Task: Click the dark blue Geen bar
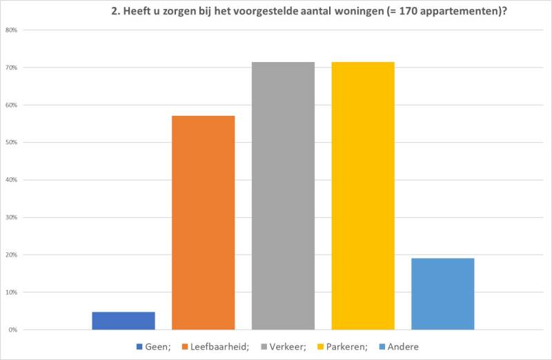pos(124,321)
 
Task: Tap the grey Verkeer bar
pos(283,196)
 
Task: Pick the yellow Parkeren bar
pos(363,196)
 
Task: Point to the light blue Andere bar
pos(442,294)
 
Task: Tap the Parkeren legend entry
pos(350,346)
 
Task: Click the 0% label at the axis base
pos(13,330)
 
